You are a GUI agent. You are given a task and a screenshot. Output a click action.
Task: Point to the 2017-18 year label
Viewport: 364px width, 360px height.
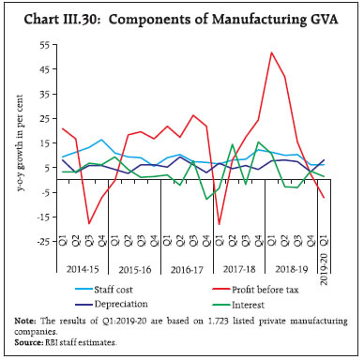tap(237, 278)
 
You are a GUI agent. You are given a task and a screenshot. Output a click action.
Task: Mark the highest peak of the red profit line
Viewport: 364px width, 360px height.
tap(271, 52)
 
